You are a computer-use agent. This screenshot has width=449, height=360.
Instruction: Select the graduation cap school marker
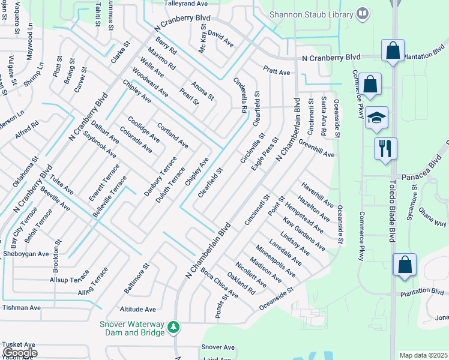(x=376, y=118)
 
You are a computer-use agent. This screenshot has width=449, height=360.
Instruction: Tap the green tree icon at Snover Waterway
(x=173, y=327)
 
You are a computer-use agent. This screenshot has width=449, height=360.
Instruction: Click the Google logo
(x=20, y=353)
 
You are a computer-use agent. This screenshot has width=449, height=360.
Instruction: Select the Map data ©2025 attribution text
(x=423, y=355)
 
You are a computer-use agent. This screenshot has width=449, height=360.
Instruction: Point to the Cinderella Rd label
(x=240, y=95)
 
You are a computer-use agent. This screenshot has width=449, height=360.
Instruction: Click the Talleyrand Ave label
(x=187, y=3)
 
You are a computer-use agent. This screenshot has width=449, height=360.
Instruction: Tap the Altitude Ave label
(x=137, y=309)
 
